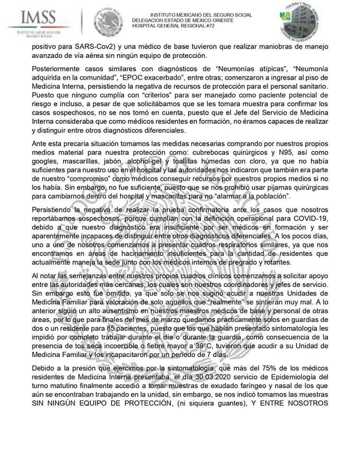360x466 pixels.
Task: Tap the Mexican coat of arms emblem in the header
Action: pos(109,21)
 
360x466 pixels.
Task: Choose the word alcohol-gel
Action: pos(135,161)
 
